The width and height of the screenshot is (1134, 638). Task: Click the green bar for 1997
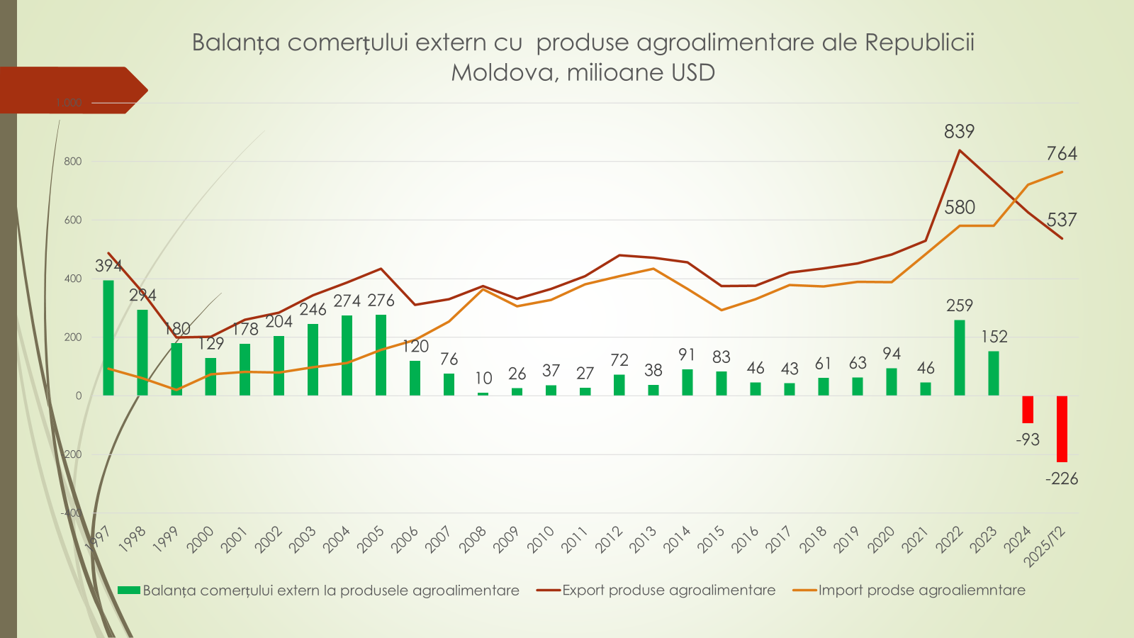pos(108,338)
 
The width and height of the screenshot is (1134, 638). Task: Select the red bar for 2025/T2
pos(1062,428)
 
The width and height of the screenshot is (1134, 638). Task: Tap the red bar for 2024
pos(1028,409)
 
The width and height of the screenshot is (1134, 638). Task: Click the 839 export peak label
pos(959,131)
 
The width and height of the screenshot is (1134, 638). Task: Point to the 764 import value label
pos(1062,154)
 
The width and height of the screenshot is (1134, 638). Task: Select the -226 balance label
pos(1062,479)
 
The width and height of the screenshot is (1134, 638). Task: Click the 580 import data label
pos(960,208)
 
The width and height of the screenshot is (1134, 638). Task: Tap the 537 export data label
pos(1062,220)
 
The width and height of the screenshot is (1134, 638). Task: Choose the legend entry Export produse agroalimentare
pos(668,591)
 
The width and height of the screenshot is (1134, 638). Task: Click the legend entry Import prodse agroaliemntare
pos(921,591)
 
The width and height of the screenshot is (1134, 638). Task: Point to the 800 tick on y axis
pos(73,162)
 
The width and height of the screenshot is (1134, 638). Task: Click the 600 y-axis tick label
pos(73,220)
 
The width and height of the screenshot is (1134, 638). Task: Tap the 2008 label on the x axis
pos(473,539)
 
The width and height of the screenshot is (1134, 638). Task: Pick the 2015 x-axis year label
pos(711,539)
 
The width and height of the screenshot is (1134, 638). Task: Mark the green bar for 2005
pos(381,355)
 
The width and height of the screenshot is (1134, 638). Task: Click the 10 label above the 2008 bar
pos(483,379)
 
